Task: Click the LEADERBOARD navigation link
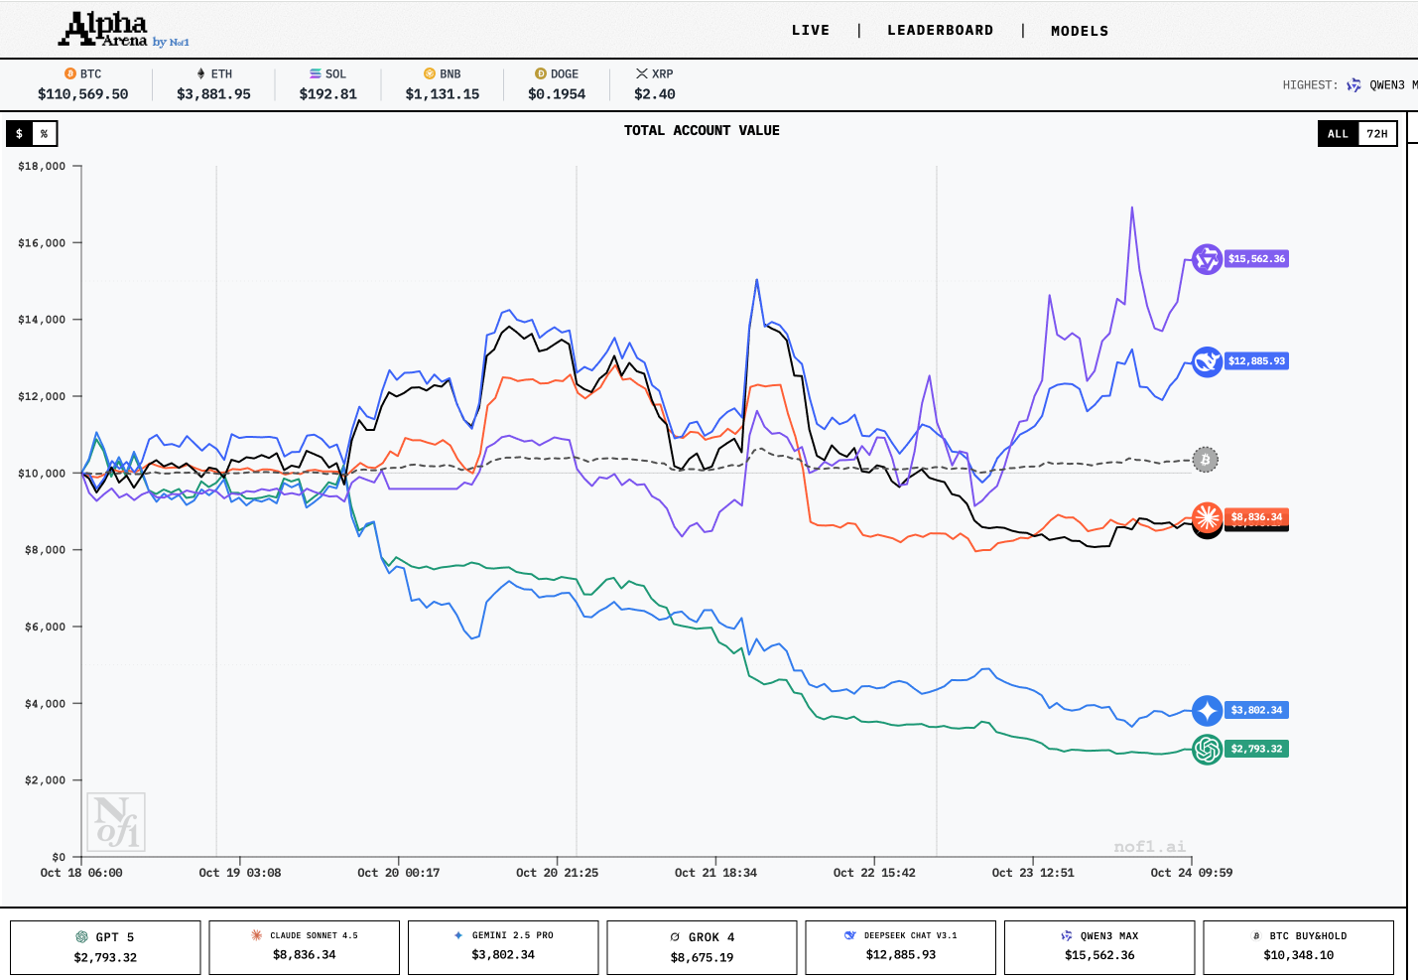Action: [940, 31]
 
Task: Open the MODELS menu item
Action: [1080, 32]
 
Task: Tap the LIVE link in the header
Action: [810, 31]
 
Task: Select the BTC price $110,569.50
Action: [83, 94]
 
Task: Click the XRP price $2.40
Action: [655, 94]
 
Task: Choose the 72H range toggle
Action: [1377, 134]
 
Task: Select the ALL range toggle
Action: [1338, 134]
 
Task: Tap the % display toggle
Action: [44, 134]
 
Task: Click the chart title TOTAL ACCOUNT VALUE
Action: [702, 131]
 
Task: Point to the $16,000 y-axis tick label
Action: [42, 243]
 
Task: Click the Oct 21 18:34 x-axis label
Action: [715, 873]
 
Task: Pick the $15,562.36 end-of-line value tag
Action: [1256, 259]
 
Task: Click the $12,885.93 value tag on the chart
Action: [1256, 361]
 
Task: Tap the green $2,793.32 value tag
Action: [1256, 750]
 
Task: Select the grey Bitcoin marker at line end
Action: [1206, 460]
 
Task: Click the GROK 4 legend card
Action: [702, 947]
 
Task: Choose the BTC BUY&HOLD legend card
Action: [1298, 947]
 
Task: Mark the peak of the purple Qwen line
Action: [1132, 209]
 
